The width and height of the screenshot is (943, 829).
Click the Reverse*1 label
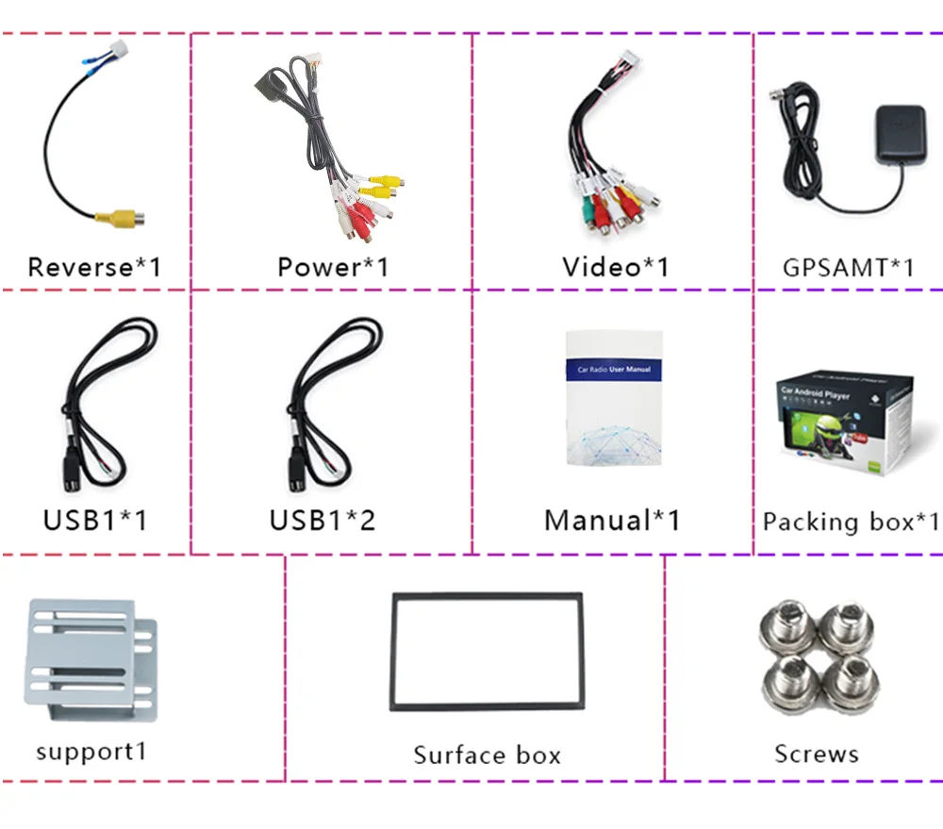[x=94, y=267]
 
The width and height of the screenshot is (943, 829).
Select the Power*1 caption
[x=332, y=267]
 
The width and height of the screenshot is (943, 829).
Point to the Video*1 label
[x=615, y=267]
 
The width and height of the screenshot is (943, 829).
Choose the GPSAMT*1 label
[x=848, y=267]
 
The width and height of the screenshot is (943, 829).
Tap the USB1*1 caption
[x=94, y=520]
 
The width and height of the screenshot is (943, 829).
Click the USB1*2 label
[x=322, y=520]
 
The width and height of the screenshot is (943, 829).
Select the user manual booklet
[x=613, y=398]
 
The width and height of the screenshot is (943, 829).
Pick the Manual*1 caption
[x=611, y=520]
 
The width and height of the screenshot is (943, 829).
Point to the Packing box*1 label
[x=851, y=522]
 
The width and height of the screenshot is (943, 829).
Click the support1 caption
[x=91, y=752]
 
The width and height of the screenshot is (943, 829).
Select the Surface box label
[x=487, y=755]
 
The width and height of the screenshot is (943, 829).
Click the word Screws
[x=817, y=754]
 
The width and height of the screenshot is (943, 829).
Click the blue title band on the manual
[x=614, y=370]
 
